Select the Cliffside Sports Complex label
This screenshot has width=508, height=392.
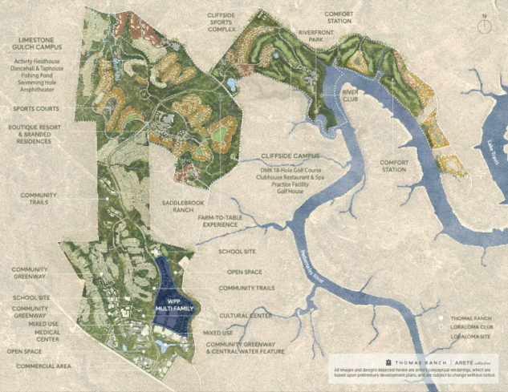(216, 22)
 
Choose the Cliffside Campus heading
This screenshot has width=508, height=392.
(291, 155)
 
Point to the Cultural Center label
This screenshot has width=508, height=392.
(242, 315)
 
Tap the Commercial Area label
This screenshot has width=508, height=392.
(39, 366)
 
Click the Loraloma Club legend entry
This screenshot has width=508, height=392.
(470, 328)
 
